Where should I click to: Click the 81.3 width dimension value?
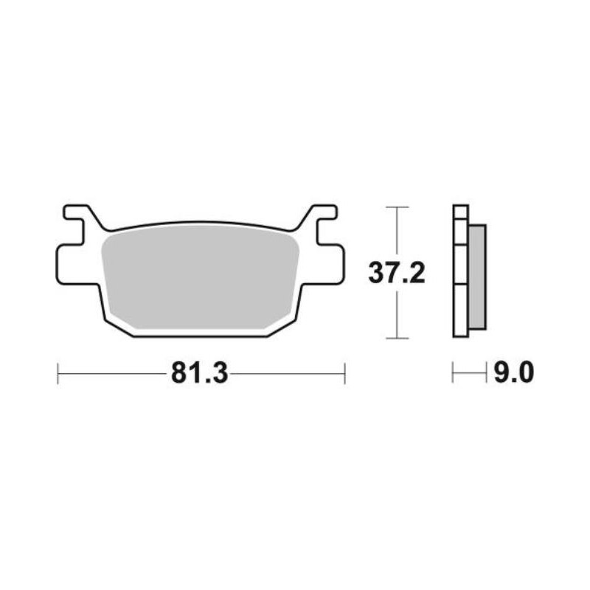tap(198, 373)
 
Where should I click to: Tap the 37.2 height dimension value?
tap(397, 274)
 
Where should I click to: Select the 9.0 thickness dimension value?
tap(512, 373)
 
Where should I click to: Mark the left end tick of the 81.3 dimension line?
tap(58, 373)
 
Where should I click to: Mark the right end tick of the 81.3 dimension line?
tap(344, 373)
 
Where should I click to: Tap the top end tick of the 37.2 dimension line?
tap(398, 207)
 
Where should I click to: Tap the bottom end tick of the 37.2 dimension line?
tap(398, 339)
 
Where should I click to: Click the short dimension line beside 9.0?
tap(469, 373)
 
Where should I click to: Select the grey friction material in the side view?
tap(476, 277)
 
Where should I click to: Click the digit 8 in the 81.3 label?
tap(178, 373)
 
